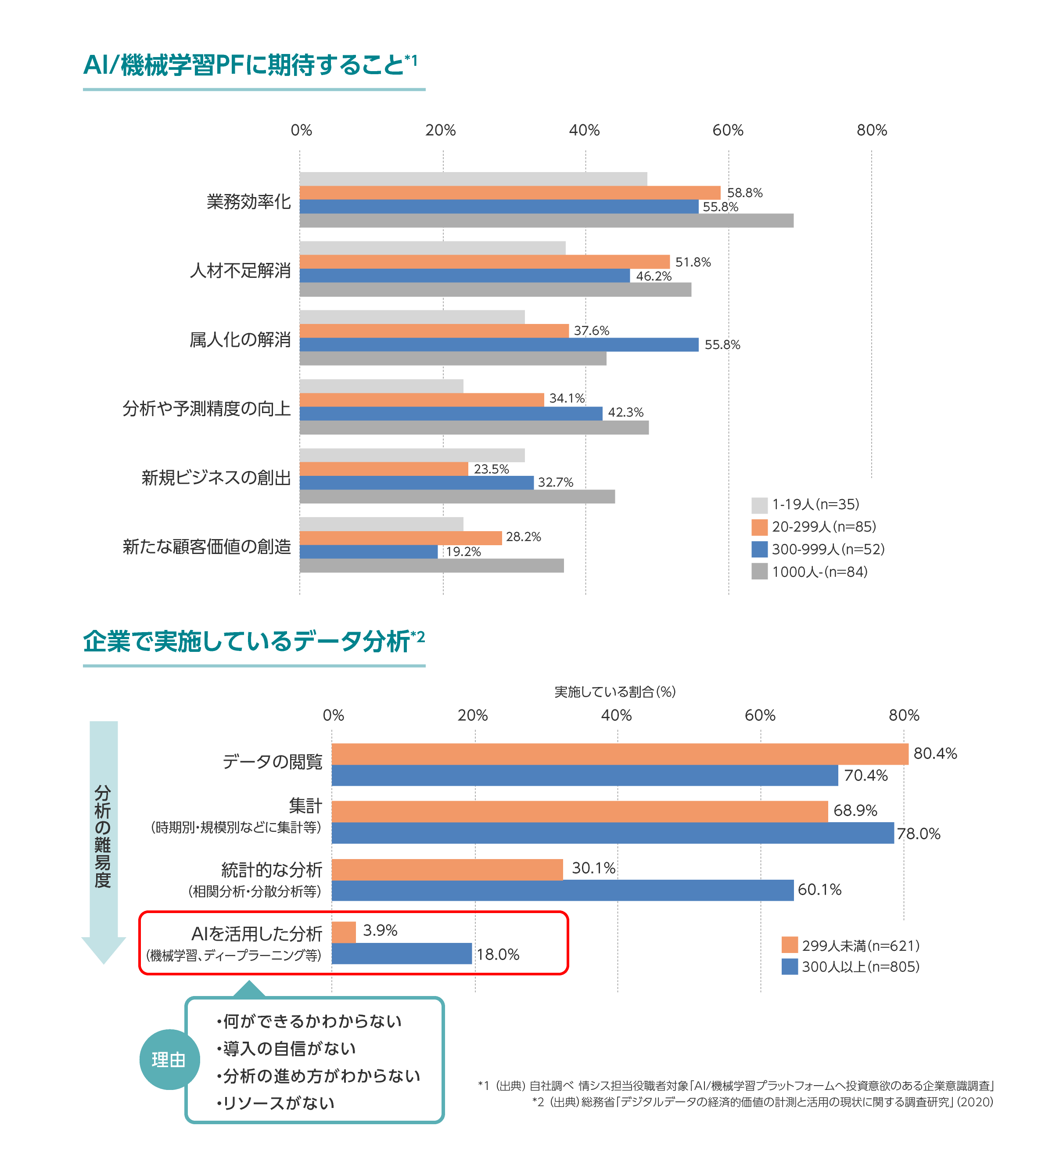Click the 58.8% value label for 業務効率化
pos(744,193)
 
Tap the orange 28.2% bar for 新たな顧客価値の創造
pos(400,538)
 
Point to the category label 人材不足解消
pos(240,270)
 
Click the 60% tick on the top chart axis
pos(727,131)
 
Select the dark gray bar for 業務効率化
pos(546,221)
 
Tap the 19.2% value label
pos(463,552)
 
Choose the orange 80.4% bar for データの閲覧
pos(619,754)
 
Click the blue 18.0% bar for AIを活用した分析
pos(401,953)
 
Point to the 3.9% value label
pos(380,930)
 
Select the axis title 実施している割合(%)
pos(614,691)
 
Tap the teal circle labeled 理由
pos(169,1059)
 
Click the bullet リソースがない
pos(276,1103)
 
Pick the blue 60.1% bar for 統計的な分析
pos(562,890)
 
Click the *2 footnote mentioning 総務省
pos(762,1102)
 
